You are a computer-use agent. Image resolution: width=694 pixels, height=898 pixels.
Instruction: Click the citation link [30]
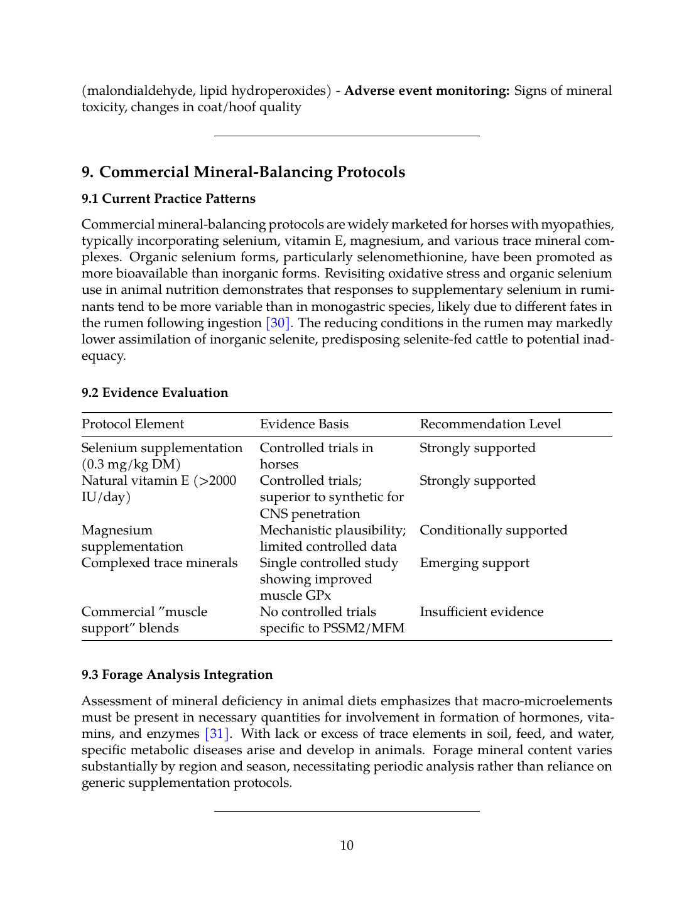coord(278,323)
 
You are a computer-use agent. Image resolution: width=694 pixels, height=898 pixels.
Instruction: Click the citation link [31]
coord(217,733)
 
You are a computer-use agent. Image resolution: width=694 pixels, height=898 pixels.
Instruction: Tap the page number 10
coord(347,845)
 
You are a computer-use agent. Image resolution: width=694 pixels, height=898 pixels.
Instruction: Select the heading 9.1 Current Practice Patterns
coord(168,198)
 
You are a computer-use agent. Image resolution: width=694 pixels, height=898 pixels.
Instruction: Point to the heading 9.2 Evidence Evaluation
coord(155,392)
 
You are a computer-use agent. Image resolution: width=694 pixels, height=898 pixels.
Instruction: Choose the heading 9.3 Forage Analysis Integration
coord(177,674)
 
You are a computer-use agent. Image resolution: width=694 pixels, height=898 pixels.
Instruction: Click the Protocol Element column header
coord(133,424)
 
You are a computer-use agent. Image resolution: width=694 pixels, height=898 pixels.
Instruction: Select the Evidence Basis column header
coord(304,424)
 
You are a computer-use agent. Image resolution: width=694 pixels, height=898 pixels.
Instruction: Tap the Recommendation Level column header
coord(490,424)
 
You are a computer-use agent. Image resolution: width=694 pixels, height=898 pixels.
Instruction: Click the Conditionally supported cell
coord(493,530)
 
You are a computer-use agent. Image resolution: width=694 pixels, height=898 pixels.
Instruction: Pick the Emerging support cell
coord(474,563)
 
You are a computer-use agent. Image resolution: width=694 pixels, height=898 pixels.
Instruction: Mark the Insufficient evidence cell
coord(481,612)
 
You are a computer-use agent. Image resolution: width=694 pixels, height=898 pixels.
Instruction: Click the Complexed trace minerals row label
coord(160,563)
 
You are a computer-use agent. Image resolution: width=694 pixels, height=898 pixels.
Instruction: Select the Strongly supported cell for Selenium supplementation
coord(477,448)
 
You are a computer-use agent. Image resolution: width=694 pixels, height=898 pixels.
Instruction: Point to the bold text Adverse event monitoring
coord(426,90)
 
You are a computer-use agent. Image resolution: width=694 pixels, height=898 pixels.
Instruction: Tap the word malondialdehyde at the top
coord(137,90)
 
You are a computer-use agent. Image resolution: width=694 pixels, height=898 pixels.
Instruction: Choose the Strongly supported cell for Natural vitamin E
coord(477,480)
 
